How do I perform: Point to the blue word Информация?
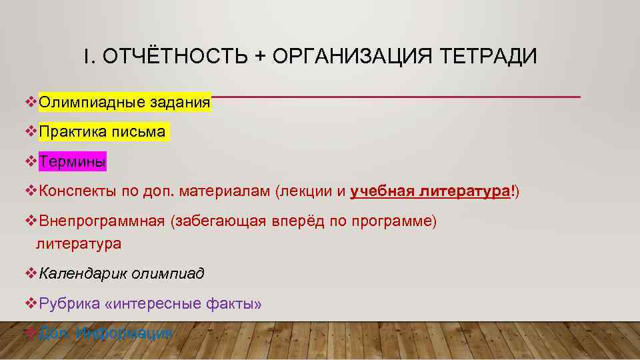pyautogui.click(x=124, y=333)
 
